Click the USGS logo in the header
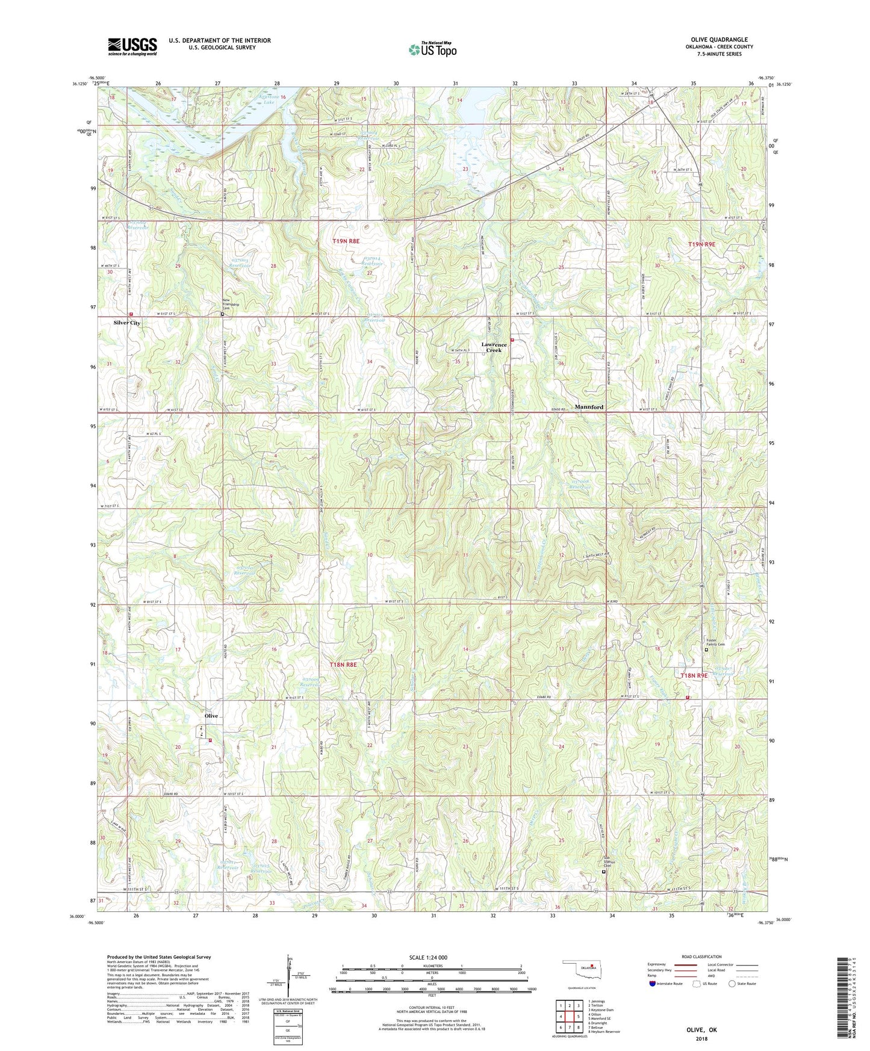tap(132, 46)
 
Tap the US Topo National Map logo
tap(432, 49)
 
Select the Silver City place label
tap(127, 323)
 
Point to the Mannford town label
tap(588, 407)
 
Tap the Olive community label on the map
tap(211, 716)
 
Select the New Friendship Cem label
tap(231, 305)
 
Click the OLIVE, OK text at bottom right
tap(701, 1030)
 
